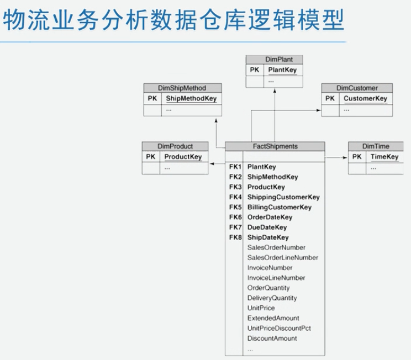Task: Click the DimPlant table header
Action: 275,60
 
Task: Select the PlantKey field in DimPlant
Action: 282,70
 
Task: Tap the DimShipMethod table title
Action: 182,88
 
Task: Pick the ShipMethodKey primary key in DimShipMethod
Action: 191,99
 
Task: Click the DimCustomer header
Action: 357,88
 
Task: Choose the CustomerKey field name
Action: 365,99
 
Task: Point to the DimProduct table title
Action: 175,146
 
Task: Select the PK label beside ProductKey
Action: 151,157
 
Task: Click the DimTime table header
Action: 376,146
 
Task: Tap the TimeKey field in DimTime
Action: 384,157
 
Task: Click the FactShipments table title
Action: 275,146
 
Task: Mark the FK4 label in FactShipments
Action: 235,197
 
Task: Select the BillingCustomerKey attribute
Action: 280,207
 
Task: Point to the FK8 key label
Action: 235,237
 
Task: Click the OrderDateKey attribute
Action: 270,217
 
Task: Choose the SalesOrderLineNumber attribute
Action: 283,257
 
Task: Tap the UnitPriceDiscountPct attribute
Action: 279,328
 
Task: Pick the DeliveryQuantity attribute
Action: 272,298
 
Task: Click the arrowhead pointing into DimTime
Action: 345,157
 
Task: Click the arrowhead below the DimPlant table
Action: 274,91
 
